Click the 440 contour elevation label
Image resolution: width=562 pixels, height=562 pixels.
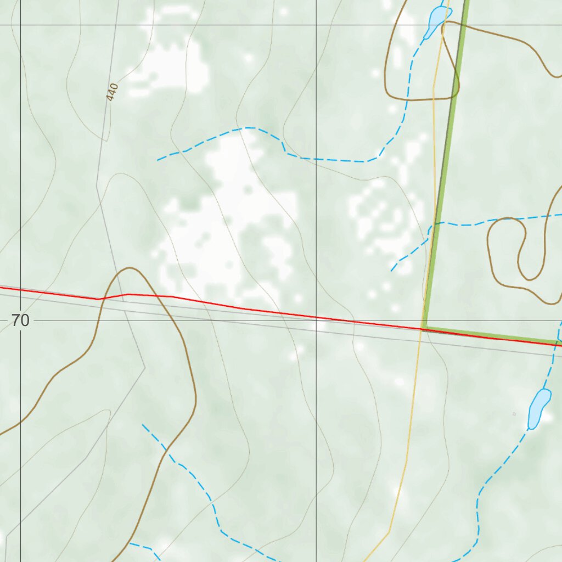click(112, 92)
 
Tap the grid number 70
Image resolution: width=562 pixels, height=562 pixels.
click(20, 321)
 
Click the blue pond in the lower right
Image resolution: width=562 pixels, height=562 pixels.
click(538, 408)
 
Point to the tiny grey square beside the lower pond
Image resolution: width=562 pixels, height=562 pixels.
click(514, 414)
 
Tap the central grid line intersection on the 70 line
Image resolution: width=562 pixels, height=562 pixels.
click(316, 321)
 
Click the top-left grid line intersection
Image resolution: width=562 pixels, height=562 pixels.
click(20, 25)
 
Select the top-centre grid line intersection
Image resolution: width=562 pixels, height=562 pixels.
click(316, 25)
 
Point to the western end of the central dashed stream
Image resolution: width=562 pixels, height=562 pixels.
click(158, 160)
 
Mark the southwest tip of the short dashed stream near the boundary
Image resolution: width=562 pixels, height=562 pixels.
click(391, 271)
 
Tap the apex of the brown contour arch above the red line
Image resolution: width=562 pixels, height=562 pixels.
click(130, 268)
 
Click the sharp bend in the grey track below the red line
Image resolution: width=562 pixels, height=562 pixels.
click(145, 367)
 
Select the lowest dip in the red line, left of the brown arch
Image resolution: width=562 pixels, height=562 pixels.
click(98, 299)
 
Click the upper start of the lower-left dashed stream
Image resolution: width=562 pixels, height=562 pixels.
click(143, 424)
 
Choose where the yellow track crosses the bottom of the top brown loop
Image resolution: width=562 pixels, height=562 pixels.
click(434, 100)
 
